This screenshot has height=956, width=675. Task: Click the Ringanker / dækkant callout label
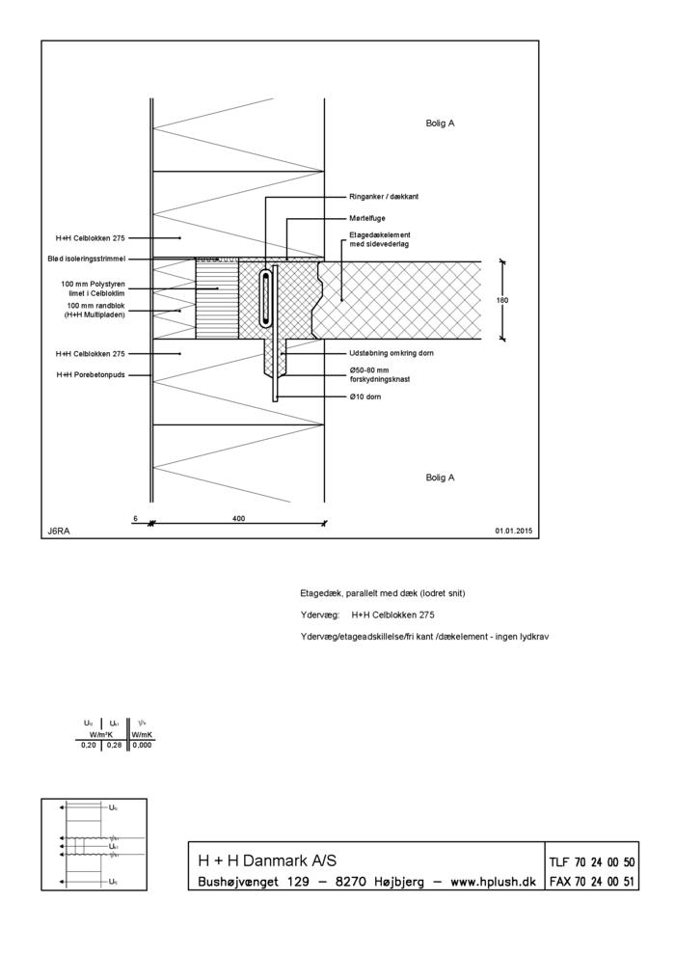(385, 197)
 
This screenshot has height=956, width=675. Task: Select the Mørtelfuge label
(366, 218)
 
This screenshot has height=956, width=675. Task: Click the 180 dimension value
(501, 300)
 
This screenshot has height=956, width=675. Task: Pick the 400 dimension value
(238, 518)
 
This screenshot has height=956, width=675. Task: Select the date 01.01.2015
(514, 531)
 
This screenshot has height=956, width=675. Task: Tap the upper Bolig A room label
(440, 123)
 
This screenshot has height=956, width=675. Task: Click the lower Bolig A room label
(440, 477)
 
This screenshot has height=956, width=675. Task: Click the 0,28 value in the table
(114, 745)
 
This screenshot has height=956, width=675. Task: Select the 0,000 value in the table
(142, 745)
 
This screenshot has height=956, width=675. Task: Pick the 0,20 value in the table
(89, 745)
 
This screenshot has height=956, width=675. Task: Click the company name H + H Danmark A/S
(267, 860)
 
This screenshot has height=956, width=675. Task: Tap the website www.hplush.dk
(494, 882)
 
